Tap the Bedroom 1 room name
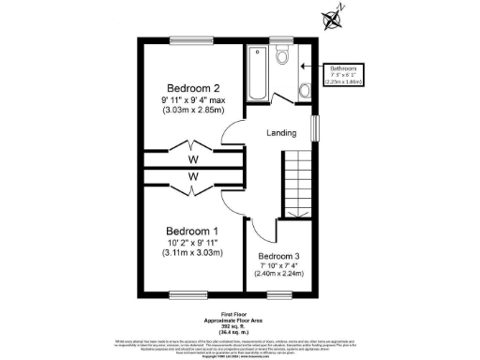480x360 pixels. click(x=192, y=231)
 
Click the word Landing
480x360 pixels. click(x=282, y=134)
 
